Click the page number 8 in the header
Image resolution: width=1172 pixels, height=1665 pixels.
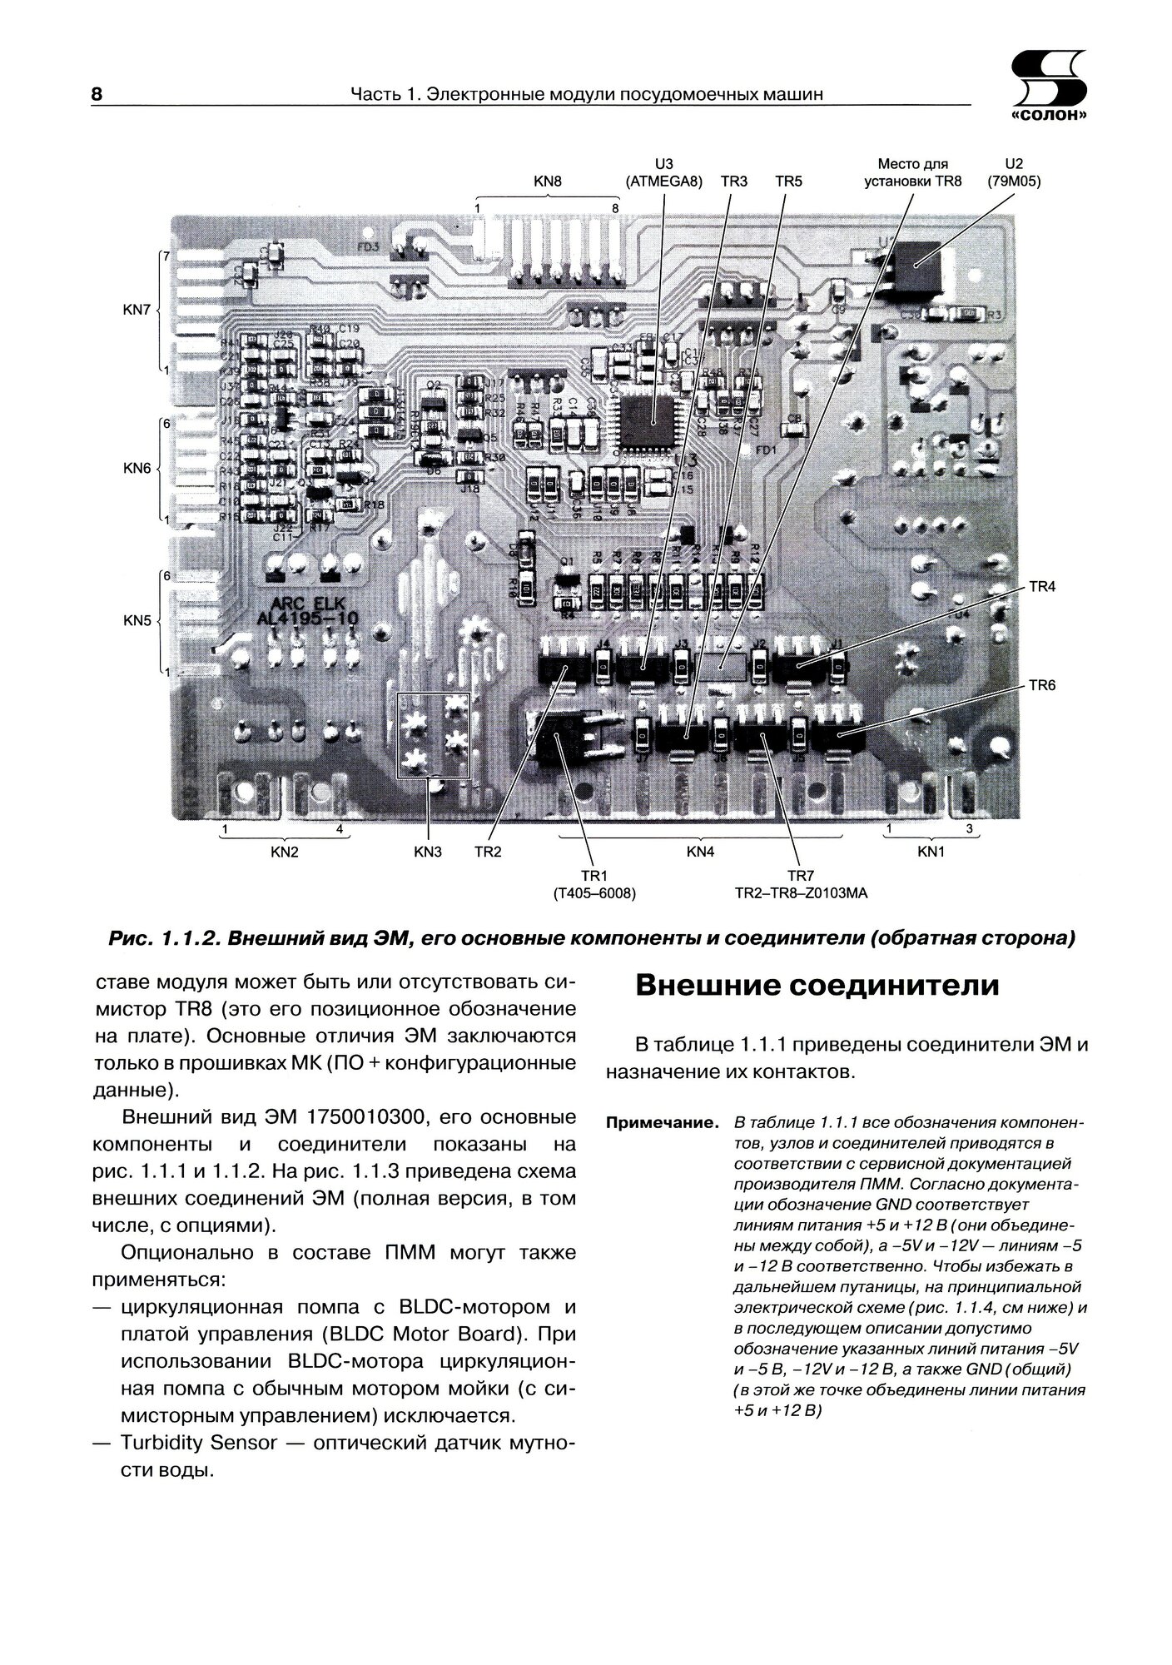coord(96,94)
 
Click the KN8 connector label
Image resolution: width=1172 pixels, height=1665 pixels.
coord(547,181)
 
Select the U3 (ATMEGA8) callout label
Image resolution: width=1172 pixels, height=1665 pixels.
coord(663,172)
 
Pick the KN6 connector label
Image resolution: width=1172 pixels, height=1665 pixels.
coord(137,469)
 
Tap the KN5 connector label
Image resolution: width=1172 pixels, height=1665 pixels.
coord(137,620)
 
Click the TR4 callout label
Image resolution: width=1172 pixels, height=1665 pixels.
coord(1042,587)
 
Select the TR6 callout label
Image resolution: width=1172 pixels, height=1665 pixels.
coord(1042,685)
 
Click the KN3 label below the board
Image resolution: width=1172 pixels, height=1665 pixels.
coord(428,852)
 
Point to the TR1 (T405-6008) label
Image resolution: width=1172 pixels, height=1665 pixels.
coord(594,885)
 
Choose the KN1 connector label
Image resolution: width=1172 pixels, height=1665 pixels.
coord(931,852)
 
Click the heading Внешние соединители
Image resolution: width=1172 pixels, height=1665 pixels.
coord(817,986)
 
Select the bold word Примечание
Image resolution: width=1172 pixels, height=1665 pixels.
coord(662,1123)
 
